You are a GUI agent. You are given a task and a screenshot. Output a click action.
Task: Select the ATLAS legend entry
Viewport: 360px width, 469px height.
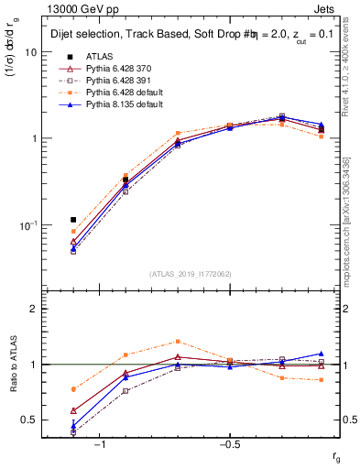[100, 57]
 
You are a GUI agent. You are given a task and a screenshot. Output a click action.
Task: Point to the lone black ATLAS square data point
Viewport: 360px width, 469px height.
[73, 220]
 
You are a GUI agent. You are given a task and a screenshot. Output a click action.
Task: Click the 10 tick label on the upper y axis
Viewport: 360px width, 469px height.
[30, 52]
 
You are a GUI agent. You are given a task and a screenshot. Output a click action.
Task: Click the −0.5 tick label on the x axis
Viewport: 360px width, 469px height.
[229, 444]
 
